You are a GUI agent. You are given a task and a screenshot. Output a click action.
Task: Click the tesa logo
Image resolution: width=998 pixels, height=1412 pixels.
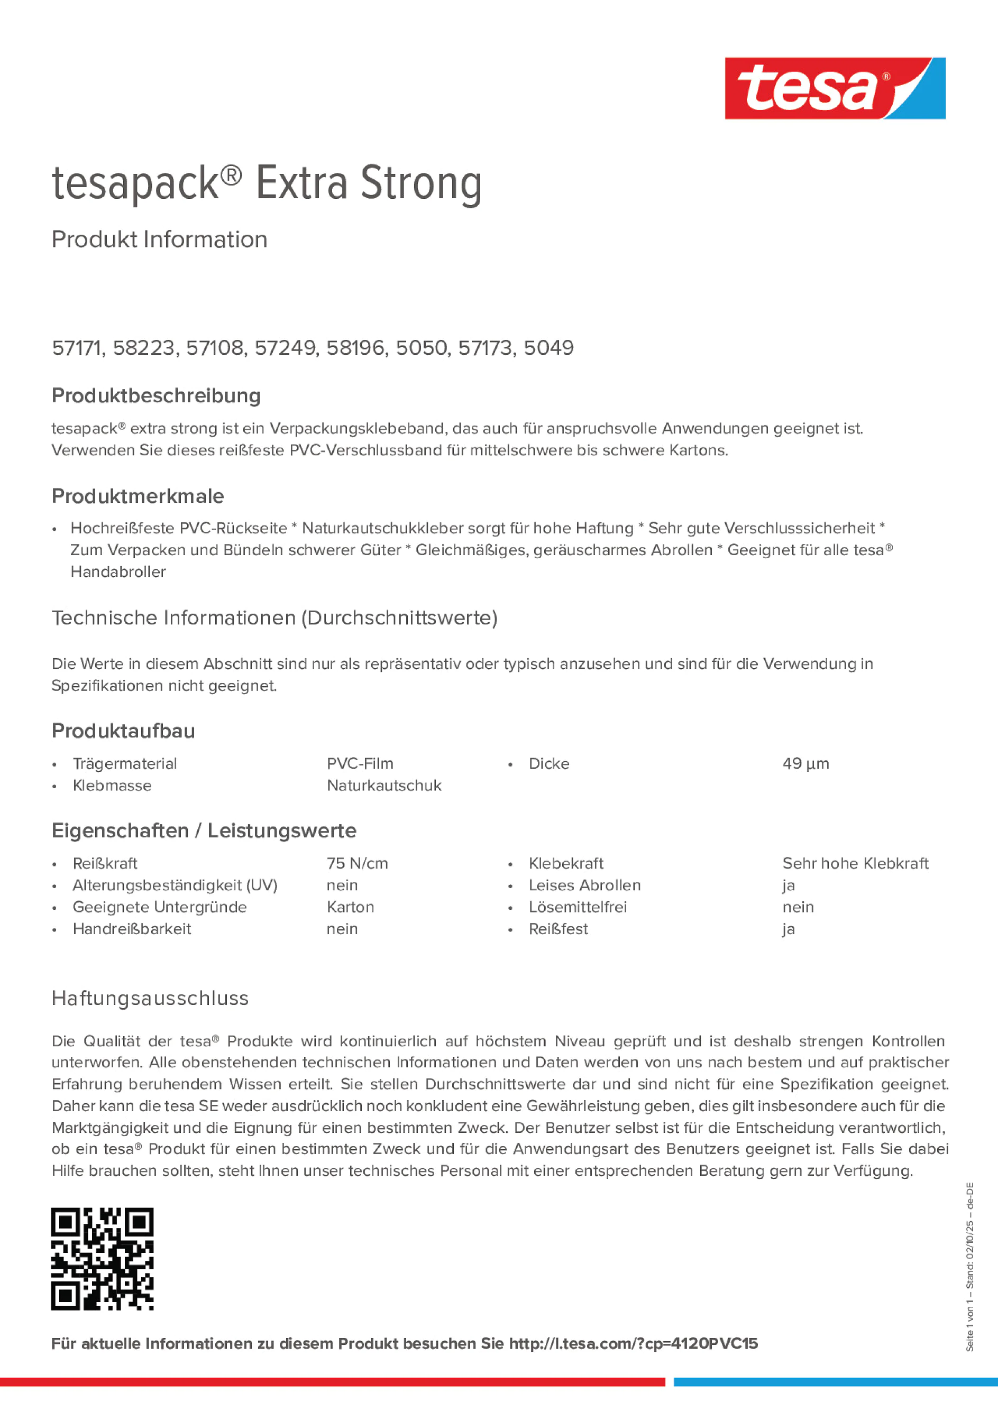[835, 89]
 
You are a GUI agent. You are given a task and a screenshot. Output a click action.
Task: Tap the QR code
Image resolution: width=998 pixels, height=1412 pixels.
[102, 1259]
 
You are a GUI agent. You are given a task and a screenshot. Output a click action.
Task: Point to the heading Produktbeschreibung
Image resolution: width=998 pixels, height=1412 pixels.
[155, 395]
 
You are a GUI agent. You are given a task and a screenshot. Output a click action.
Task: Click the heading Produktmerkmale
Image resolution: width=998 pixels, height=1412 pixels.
[138, 496]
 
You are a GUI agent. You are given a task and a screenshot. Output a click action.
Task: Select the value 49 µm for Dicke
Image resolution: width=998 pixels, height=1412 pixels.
[805, 764]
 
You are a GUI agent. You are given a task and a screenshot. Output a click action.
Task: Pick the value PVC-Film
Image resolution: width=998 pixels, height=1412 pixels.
[360, 764]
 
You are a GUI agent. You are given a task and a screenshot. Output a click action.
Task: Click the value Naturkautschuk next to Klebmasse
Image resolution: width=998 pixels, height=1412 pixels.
[384, 786]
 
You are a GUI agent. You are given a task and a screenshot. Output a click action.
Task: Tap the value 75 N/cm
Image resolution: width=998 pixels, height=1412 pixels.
[357, 863]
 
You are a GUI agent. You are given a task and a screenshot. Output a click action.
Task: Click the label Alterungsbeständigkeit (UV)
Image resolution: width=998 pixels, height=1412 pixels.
[175, 885]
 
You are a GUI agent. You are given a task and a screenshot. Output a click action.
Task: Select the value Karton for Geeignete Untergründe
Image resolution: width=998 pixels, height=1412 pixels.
[350, 907]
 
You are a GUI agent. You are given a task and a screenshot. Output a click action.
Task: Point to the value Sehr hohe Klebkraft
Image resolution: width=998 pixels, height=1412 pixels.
[855, 863]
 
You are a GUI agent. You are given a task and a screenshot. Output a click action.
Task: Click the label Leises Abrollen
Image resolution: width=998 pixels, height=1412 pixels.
[584, 885]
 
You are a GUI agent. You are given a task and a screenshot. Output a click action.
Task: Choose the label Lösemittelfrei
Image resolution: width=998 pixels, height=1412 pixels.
[578, 907]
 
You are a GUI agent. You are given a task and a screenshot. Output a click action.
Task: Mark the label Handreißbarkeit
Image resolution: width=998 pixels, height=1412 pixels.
[132, 929]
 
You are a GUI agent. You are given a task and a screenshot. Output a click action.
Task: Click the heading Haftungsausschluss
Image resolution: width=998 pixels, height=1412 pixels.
[150, 998]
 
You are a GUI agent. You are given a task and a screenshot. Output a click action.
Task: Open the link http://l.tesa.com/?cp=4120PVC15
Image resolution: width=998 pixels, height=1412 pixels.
[633, 1344]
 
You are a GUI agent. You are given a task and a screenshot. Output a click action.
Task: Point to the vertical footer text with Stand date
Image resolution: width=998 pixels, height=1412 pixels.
[969, 1267]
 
